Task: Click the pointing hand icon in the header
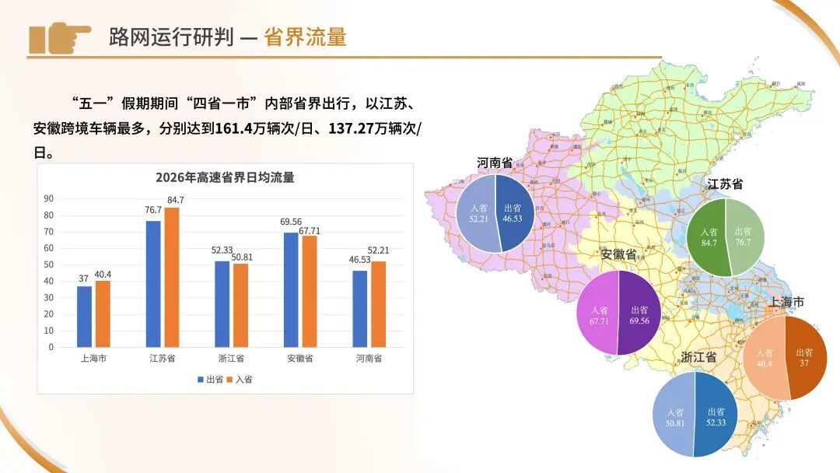click(x=60, y=37)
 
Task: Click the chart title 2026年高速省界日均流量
click(x=225, y=177)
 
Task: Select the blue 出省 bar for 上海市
click(x=84, y=317)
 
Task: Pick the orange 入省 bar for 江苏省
click(x=171, y=278)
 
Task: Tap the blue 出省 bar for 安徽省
click(x=291, y=289)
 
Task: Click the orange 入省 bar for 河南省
click(x=378, y=304)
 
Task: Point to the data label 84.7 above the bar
click(x=175, y=200)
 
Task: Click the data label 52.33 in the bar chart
click(x=222, y=250)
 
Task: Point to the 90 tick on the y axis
click(x=48, y=199)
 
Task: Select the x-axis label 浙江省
click(x=231, y=359)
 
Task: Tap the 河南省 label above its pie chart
click(x=495, y=163)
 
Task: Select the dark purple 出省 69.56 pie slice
click(x=639, y=314)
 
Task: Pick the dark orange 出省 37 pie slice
click(x=806, y=357)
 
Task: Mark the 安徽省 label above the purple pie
click(x=618, y=255)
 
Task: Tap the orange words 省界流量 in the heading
click(x=305, y=37)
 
